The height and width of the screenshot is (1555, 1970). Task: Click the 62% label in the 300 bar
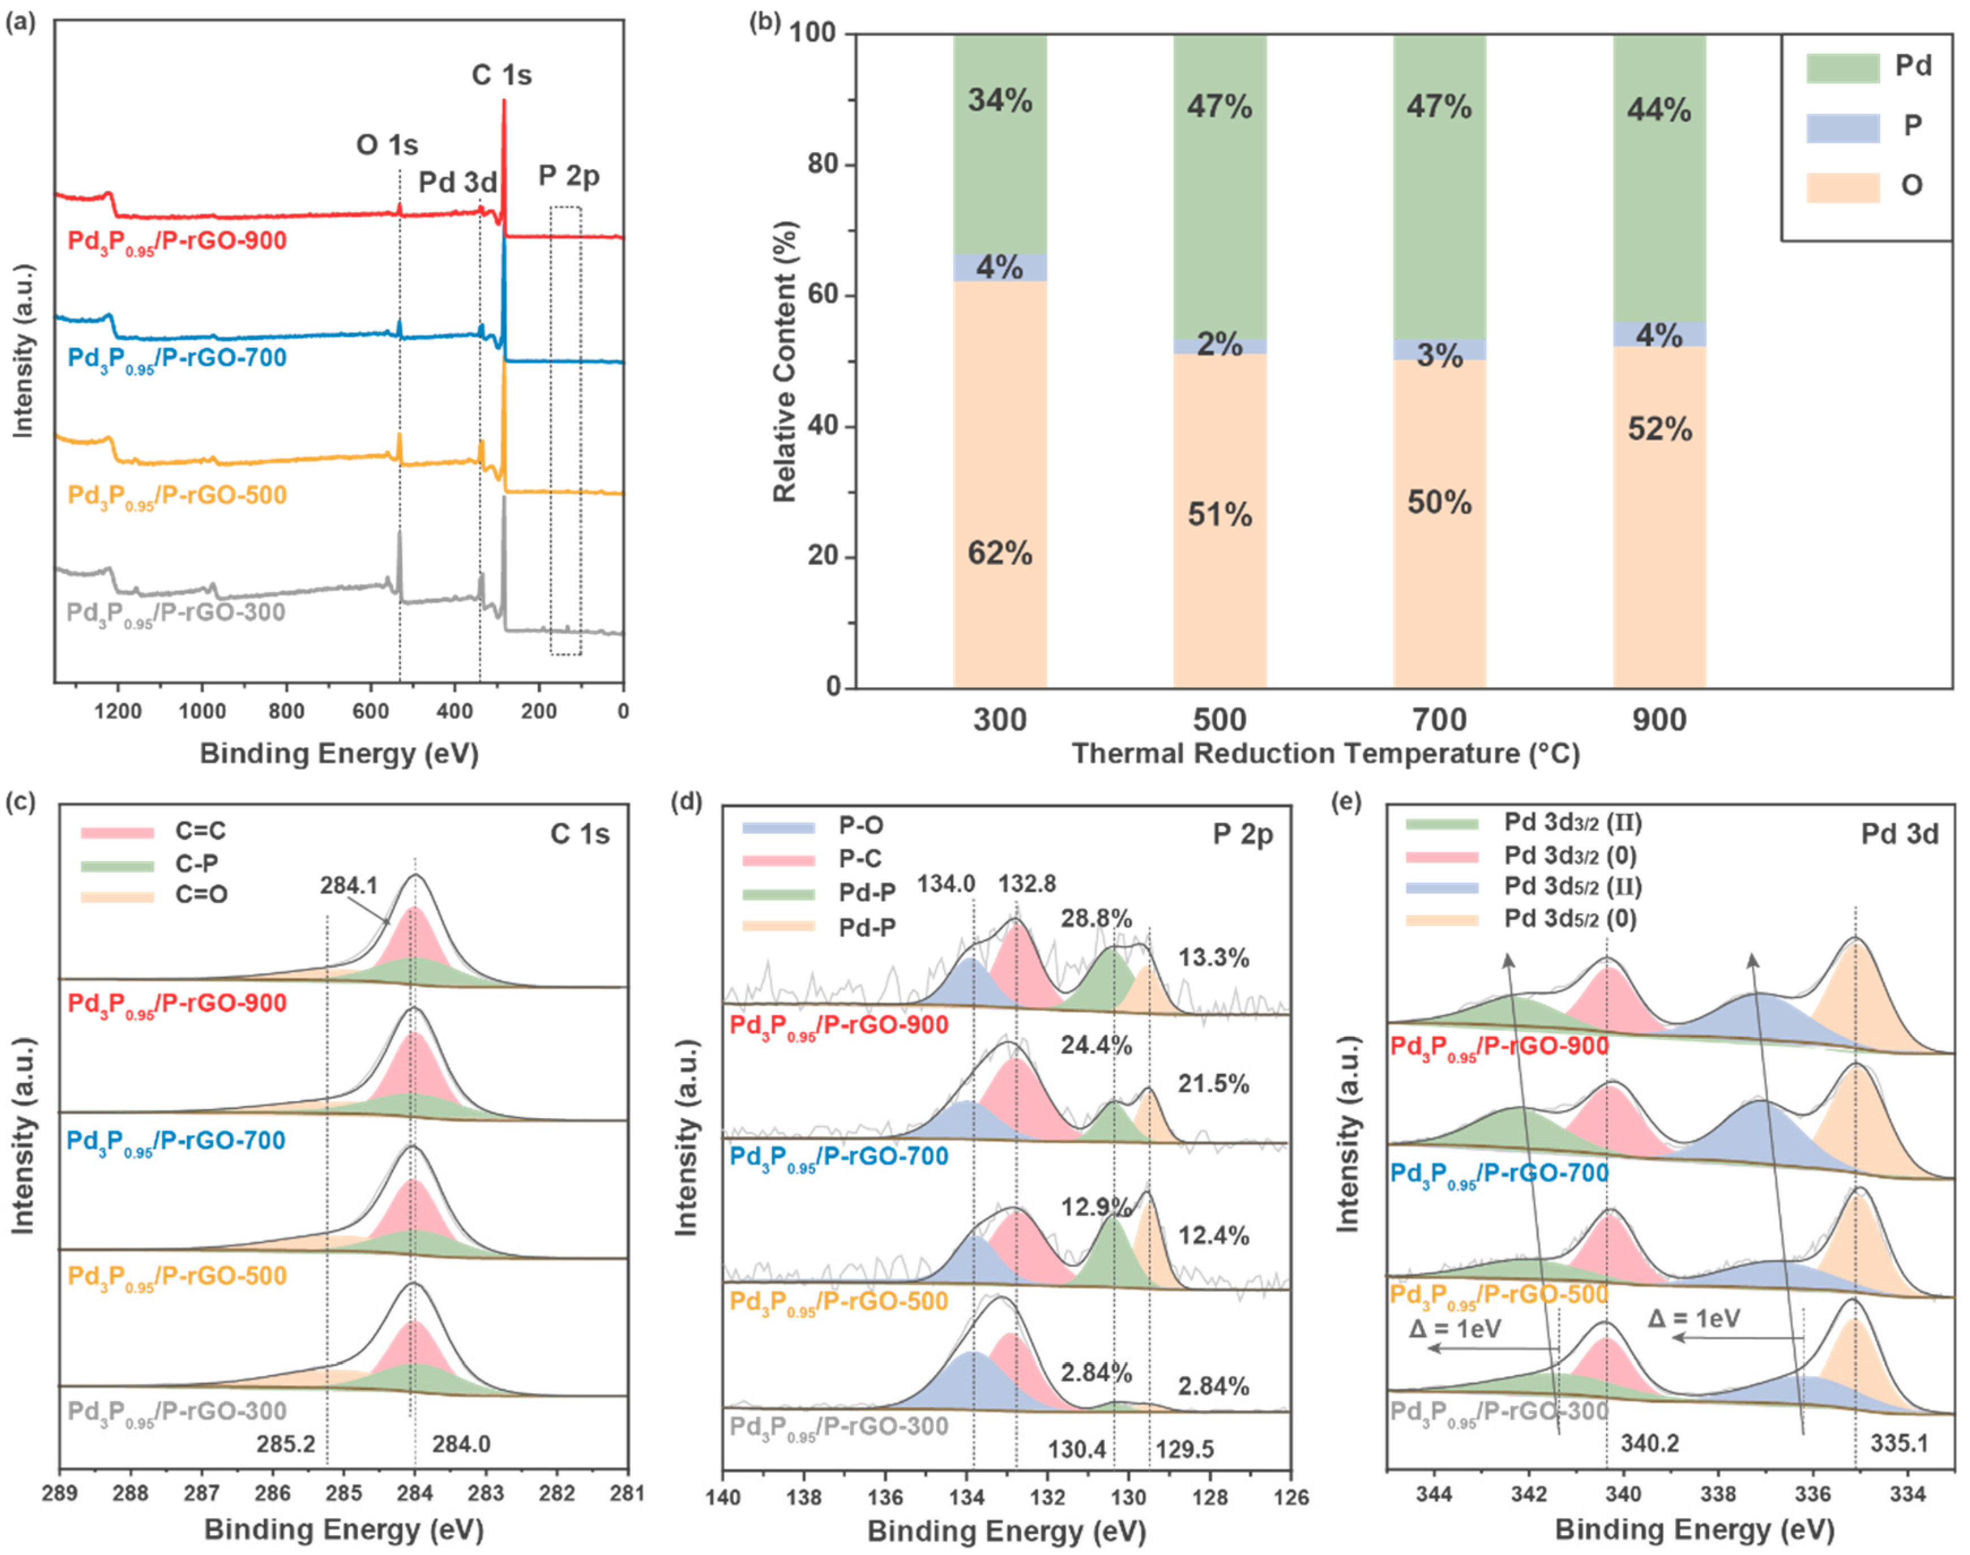[x=1000, y=553]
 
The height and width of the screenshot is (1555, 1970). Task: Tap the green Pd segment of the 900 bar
[x=1659, y=182]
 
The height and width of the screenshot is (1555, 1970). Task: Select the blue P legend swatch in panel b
[x=1843, y=127]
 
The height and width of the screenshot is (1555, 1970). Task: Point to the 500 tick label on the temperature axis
[x=1219, y=720]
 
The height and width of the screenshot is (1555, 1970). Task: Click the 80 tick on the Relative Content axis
[x=823, y=165]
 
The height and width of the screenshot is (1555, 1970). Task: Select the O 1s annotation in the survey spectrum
[x=387, y=145]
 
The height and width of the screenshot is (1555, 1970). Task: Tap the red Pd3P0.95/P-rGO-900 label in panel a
[x=178, y=241]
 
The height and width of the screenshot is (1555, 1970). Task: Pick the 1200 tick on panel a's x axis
[x=118, y=711]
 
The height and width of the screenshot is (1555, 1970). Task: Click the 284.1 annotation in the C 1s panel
[x=349, y=885]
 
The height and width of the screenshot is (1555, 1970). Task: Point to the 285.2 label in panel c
[x=286, y=1444]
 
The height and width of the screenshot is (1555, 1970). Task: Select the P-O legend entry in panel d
[x=861, y=826]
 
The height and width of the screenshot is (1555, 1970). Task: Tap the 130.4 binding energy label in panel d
[x=1077, y=1449]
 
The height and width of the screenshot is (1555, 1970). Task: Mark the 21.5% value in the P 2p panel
[x=1214, y=1084]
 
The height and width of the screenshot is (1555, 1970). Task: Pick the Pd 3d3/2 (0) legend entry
[x=1571, y=856]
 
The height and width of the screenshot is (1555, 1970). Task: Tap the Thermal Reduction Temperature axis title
[x=1326, y=754]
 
